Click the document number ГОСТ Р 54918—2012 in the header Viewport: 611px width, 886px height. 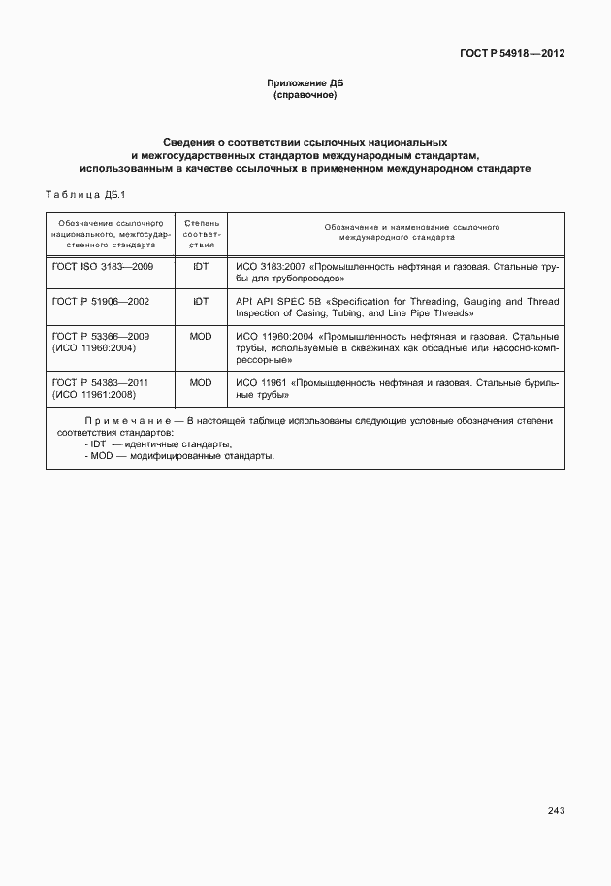[x=512, y=53]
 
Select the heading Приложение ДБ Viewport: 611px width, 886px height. [x=305, y=83]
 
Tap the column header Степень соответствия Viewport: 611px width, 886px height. [x=202, y=235]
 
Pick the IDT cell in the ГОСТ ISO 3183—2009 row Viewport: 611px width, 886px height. [x=201, y=265]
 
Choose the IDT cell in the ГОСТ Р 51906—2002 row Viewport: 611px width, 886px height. [x=201, y=301]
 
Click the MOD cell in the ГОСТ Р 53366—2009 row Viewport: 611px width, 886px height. [x=201, y=336]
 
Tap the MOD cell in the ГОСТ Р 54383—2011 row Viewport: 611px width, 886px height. [x=201, y=383]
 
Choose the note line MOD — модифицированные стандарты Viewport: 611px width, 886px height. [x=179, y=455]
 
